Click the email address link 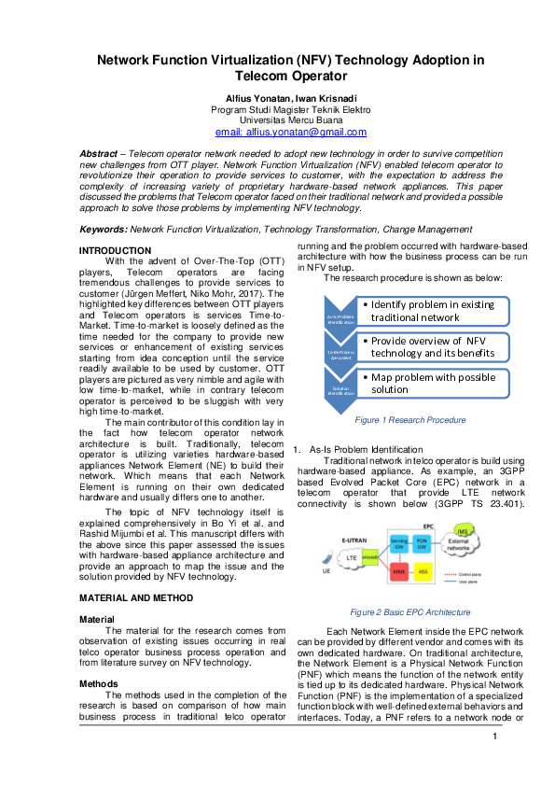tap(291, 133)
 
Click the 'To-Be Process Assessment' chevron tap(339, 353)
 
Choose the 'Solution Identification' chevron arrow tap(339, 389)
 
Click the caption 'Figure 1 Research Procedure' tap(409, 420)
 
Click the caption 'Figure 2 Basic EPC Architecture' tap(409, 612)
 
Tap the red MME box tap(399, 570)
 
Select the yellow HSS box tap(423, 570)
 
